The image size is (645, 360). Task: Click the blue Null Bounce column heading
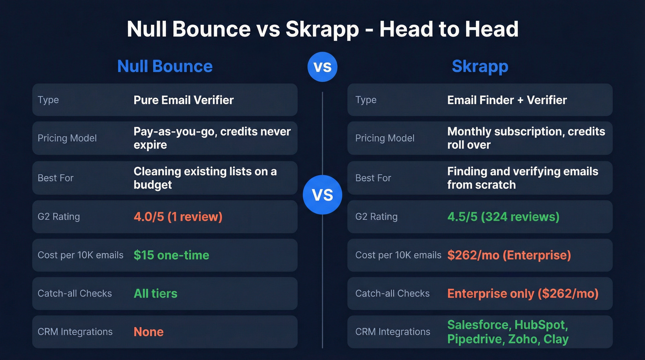pos(165,66)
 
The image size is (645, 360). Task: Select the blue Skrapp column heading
pos(480,66)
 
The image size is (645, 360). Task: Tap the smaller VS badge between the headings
pos(322,67)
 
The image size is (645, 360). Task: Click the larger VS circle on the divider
pos(322,195)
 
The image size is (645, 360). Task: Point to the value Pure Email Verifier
pos(183,100)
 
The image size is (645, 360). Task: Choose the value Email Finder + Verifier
pos(507,100)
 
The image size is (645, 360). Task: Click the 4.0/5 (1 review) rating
pos(178,217)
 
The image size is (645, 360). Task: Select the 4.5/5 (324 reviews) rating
pos(503,217)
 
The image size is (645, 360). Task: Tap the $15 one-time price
pos(171,255)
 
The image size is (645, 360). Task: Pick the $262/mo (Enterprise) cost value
pos(509,255)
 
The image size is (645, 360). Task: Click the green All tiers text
pos(155,293)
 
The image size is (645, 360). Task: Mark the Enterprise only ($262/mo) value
pos(523,293)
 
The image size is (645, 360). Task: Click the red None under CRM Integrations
pos(148,332)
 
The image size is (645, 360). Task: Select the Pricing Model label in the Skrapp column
pos(385,138)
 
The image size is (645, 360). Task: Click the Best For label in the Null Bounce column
pos(56,178)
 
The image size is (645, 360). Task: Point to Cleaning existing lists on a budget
pos(205,178)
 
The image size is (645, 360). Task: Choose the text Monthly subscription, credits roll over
pos(526,138)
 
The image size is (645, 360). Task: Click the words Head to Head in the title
pos(449,30)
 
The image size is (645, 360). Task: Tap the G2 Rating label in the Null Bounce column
pos(59,217)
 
